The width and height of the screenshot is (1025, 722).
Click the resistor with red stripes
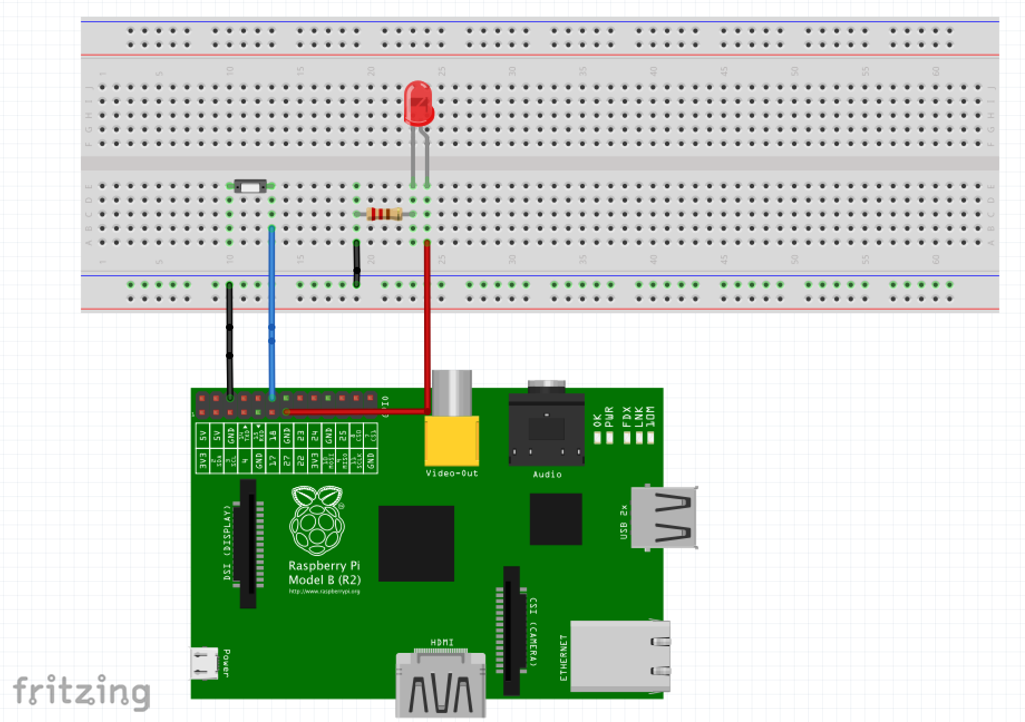pos(385,214)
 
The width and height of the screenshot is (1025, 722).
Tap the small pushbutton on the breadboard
pos(250,186)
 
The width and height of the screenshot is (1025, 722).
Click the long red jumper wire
pos(428,323)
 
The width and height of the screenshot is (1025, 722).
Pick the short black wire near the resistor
pos(357,262)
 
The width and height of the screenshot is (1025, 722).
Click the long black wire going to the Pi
pos(230,340)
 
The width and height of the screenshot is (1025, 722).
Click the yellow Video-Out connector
pos(451,440)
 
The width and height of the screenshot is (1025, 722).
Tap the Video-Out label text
pos(451,474)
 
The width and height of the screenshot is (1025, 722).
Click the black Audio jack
pos(546,429)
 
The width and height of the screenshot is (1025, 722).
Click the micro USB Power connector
pos(204,663)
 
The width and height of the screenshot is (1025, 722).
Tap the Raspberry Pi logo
pos(317,521)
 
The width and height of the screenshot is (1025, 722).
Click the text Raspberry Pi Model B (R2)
pos(324,573)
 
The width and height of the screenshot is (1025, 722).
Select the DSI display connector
pos(248,543)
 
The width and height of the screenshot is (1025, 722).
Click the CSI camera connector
pos(511,630)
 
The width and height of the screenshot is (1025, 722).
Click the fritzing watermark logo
pos(81,692)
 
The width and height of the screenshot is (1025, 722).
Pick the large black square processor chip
pos(416,543)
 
